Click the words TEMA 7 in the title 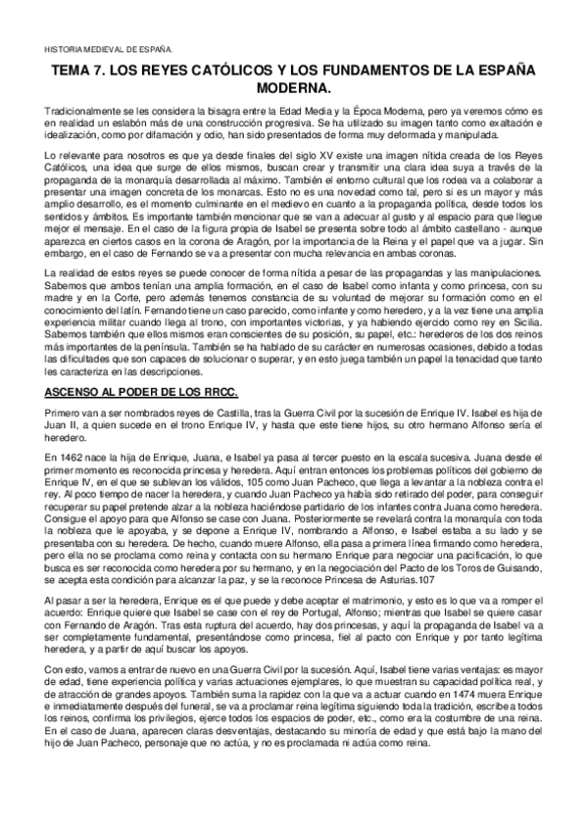[x=79, y=72]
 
